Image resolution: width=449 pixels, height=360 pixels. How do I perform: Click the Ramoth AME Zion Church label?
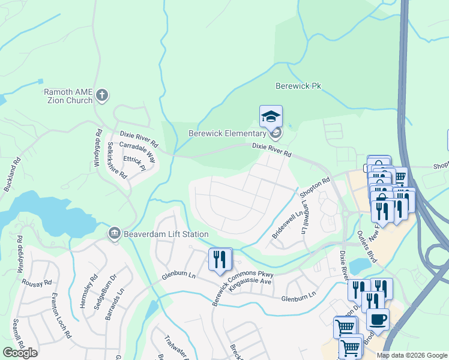click(68, 96)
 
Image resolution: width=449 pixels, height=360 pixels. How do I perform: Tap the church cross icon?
click(102, 95)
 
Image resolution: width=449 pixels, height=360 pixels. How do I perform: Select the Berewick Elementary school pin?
click(271, 116)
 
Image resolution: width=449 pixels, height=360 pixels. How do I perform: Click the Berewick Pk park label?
click(298, 86)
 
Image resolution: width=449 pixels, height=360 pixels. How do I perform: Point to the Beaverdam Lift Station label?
click(166, 234)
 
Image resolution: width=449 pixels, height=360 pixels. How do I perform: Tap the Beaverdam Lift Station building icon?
click(114, 233)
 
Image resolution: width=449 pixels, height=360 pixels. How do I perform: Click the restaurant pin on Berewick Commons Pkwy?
click(220, 259)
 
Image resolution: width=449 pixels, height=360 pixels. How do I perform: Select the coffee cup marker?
click(377, 319)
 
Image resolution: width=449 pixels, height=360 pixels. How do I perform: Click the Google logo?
click(20, 353)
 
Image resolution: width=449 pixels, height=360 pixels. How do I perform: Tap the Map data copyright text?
click(412, 355)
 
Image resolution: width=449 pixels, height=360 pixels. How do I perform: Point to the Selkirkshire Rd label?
click(117, 161)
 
